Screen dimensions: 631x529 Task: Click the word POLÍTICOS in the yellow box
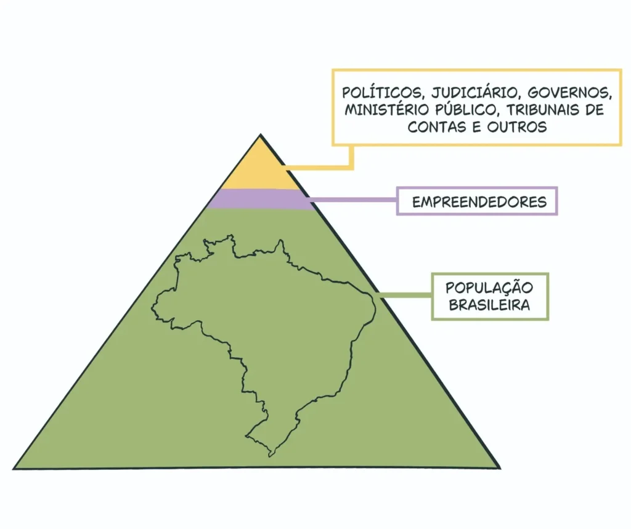coord(381,92)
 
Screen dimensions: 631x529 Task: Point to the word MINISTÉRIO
coord(385,110)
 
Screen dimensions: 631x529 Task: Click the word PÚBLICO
coord(465,110)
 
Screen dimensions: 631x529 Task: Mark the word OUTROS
coord(517,127)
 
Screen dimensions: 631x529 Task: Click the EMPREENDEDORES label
coord(479,201)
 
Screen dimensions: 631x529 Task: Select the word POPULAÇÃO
coord(489,288)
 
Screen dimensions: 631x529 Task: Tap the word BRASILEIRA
coord(489,304)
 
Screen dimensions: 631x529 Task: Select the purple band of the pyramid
coord(261,199)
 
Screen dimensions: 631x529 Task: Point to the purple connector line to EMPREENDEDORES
coord(352,199)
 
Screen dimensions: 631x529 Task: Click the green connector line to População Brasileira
coord(405,296)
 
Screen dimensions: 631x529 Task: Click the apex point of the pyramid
coord(261,135)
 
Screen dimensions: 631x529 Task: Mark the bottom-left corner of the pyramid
coord(14,469)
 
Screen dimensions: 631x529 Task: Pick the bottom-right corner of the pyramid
coord(500,468)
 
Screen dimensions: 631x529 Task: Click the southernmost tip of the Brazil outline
coord(270,456)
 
